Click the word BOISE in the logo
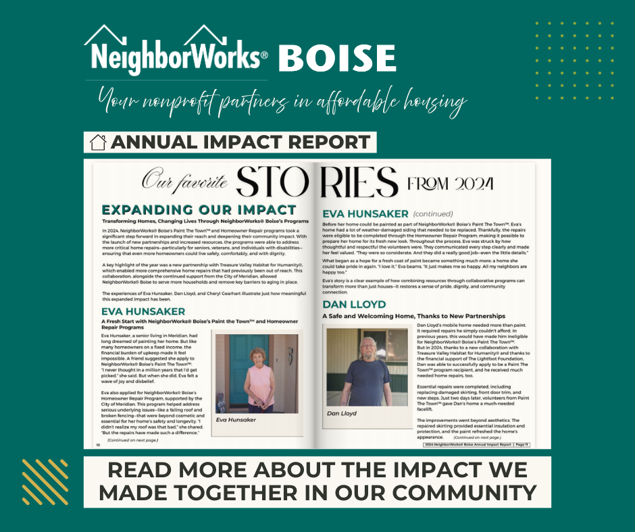(x=336, y=59)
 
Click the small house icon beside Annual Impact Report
(x=99, y=142)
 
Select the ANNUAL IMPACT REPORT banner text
(x=240, y=142)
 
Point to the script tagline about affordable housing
(x=282, y=103)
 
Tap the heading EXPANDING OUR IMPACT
(x=199, y=210)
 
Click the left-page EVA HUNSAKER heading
(x=143, y=311)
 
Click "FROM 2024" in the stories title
(x=451, y=184)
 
